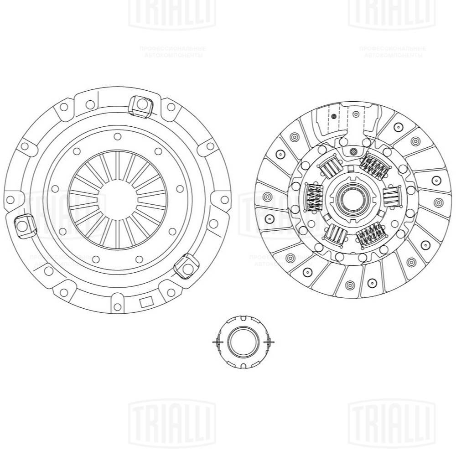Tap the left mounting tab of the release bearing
[217, 342]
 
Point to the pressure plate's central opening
[118, 199]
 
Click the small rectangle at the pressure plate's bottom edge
[147, 302]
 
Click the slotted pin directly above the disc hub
[353, 151]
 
